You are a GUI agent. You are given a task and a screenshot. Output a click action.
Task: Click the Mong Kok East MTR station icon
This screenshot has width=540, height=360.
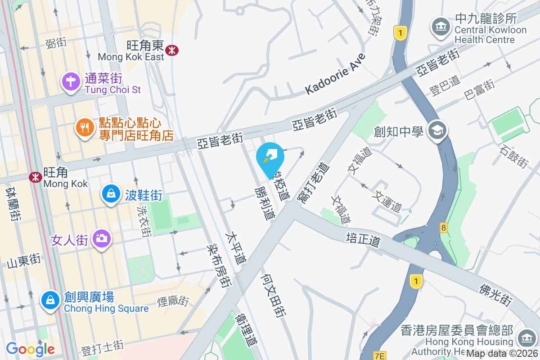171,50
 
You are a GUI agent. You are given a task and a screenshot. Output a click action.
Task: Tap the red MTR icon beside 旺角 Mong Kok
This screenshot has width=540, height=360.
35,177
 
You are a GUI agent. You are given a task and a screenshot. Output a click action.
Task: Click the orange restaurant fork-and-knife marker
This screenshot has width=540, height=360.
84,128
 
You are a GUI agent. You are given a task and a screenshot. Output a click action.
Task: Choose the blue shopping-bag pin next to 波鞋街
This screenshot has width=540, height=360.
110,194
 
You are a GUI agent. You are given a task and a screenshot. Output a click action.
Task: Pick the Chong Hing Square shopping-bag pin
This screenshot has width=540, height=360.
50,300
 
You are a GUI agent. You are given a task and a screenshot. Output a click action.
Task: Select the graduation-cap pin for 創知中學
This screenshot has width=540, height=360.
436,131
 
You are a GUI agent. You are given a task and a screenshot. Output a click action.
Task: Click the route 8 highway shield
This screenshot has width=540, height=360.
444,228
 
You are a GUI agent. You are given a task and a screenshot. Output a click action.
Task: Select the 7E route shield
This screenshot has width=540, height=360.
380,356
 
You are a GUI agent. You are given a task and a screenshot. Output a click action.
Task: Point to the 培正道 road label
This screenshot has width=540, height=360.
364,239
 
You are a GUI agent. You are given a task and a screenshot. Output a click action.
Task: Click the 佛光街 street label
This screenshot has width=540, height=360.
496,295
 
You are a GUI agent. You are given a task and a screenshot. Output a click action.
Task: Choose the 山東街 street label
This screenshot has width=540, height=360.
24,261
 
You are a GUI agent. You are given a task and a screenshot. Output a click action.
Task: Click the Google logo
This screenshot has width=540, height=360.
30,349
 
